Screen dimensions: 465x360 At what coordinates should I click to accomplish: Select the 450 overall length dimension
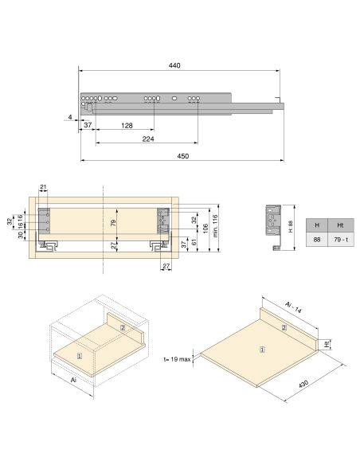[182, 156]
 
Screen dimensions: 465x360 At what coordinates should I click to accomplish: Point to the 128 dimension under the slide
[127, 126]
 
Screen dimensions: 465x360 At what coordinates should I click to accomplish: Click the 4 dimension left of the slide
[70, 117]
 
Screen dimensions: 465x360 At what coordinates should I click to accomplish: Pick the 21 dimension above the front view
[44, 187]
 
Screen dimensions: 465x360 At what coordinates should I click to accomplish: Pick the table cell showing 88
[317, 240]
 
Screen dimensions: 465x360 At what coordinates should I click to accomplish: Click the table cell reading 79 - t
[340, 240]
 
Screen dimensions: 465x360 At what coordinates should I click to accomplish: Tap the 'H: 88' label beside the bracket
[292, 225]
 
